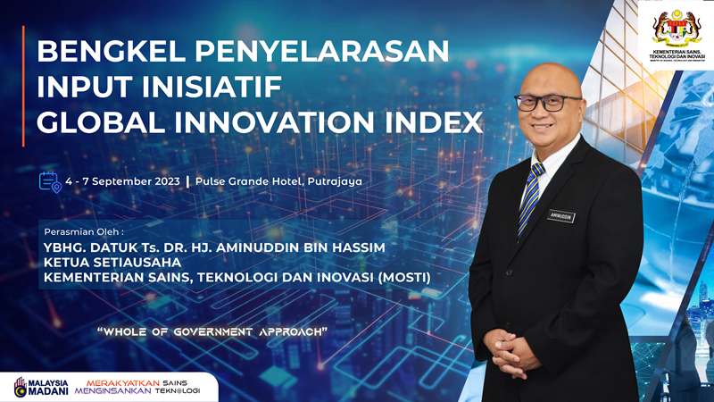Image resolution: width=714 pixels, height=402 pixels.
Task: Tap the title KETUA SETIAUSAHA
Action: pyautogui.click(x=112, y=263)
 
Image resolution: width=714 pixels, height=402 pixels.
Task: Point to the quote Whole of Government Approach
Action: pyautogui.click(x=212, y=331)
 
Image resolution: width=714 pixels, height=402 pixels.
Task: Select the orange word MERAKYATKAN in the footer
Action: pyautogui.click(x=122, y=379)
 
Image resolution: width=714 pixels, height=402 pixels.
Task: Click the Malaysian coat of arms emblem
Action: pyautogui.click(x=677, y=29)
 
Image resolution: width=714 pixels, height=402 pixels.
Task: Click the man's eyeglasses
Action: pyautogui.click(x=547, y=101)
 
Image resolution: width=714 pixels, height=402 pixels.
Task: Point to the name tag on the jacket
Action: pyautogui.click(x=561, y=216)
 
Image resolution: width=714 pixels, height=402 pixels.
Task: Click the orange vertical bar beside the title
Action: pyautogui.click(x=24, y=86)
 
